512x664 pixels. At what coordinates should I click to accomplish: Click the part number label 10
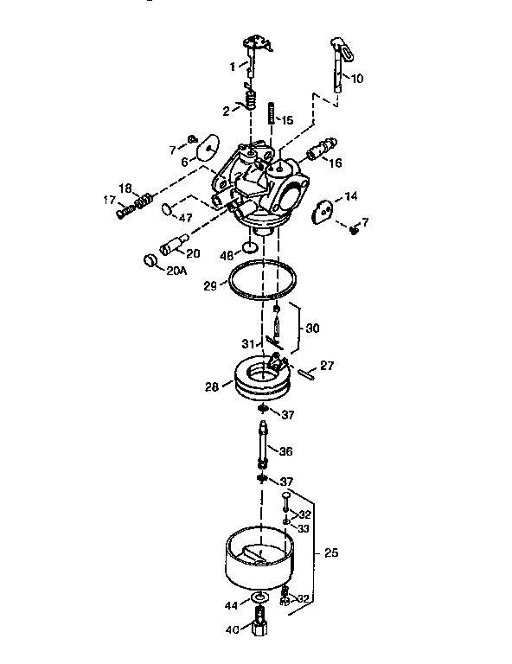coord(357,79)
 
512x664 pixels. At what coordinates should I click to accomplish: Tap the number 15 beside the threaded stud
coord(288,120)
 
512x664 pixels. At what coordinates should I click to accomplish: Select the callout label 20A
coord(176,271)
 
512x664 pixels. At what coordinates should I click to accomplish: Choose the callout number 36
coord(287,450)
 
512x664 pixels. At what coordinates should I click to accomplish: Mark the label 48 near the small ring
coord(227,256)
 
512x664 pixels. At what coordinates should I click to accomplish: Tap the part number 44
coord(232,606)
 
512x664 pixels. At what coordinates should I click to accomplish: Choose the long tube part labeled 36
coord(262,447)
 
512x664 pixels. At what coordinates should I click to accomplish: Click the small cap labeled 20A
coord(150,259)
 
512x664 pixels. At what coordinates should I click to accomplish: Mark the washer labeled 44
coord(257,598)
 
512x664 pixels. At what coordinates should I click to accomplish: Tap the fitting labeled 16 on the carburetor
coord(323,150)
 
